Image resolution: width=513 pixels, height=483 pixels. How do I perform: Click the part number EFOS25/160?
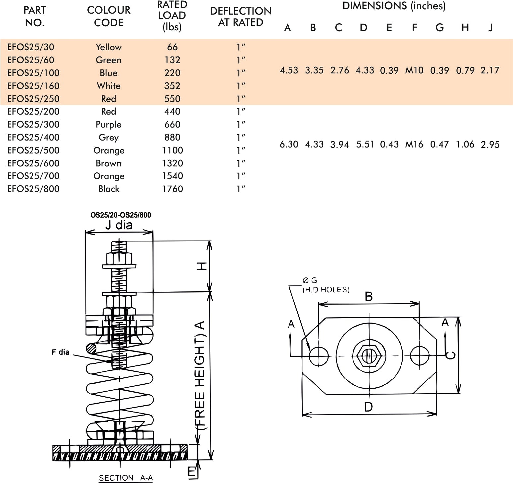coord(33,86)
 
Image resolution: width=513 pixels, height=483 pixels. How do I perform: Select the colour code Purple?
coord(109,125)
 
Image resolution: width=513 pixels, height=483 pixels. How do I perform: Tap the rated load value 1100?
coord(172,150)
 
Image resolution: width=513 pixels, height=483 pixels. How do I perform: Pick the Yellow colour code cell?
coord(109,47)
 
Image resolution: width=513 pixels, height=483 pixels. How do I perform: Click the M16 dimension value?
coord(414,144)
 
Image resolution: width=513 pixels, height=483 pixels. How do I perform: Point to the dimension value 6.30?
coord(289,144)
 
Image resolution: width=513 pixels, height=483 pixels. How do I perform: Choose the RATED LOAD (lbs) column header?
coord(172,16)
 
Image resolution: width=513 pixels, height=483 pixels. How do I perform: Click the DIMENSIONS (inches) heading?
coord(394,6)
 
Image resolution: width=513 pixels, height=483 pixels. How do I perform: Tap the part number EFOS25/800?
coord(33,189)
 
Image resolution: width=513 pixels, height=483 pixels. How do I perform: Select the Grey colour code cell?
coord(109,137)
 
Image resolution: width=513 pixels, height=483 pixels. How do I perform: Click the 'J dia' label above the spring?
coord(119,225)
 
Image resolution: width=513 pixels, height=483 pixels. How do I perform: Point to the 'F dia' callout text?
coord(61,352)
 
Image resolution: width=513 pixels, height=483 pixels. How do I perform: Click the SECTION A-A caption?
coord(126,478)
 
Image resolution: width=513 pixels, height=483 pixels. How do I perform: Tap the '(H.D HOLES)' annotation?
coord(326,290)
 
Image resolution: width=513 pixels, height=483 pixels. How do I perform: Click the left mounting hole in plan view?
coord(319,356)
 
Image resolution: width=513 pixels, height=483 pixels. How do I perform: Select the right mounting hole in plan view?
coord(419,356)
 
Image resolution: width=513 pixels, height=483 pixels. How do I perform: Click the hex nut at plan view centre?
coord(369,356)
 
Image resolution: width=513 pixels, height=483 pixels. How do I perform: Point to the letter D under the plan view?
coord(368,407)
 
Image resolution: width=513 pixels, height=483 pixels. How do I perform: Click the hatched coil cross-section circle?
coord(91,348)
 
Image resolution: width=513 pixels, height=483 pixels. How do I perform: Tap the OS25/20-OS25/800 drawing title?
coord(120,215)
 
